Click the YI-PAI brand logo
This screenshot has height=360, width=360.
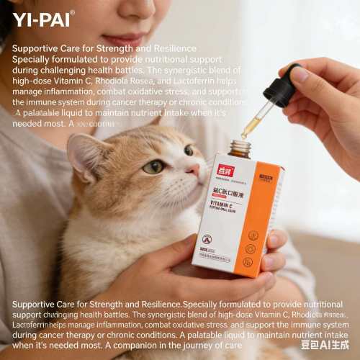click(42, 19)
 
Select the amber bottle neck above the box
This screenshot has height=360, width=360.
click(240, 148)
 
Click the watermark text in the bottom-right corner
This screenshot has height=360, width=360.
click(324, 344)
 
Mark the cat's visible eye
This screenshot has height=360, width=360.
click(153, 166)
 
